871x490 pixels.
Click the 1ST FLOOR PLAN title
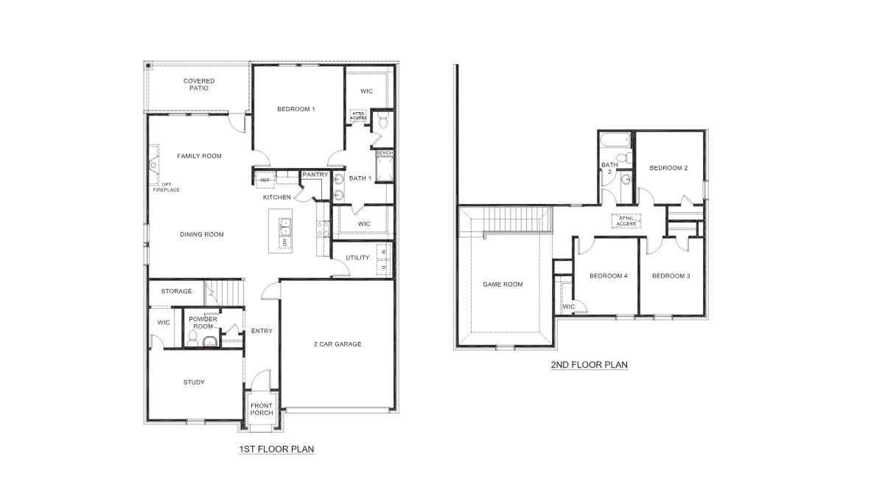tap(276, 448)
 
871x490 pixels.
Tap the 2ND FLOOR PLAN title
tap(589, 364)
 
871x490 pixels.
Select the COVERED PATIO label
tap(199, 84)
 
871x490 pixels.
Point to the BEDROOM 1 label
tap(296, 109)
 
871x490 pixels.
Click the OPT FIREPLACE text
tap(166, 186)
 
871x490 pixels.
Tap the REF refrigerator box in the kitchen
tap(264, 180)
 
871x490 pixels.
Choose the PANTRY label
tap(315, 175)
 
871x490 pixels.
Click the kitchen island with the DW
tap(284, 232)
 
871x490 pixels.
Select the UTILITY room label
tap(357, 257)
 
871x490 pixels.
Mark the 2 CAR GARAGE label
tap(337, 343)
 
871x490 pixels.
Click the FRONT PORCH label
tap(262, 409)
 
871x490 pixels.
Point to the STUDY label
tap(194, 382)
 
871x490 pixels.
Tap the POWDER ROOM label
tap(201, 322)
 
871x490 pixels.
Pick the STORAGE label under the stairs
tap(176, 291)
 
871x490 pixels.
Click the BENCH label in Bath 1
tap(385, 153)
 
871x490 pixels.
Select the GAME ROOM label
tap(503, 284)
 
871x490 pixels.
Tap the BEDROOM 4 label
tap(608, 276)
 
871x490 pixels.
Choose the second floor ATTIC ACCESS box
tap(626, 220)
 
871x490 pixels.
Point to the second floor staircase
tap(506, 220)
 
